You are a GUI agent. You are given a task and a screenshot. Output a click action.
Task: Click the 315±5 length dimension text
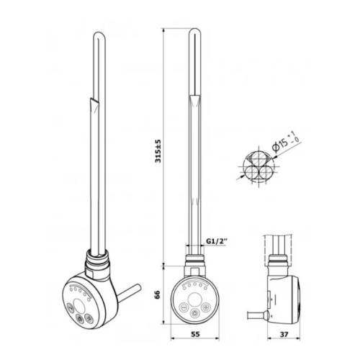coord(158,151)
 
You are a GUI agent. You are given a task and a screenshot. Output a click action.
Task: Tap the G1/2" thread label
coord(217,241)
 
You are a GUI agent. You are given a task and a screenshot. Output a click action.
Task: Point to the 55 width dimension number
coord(195,334)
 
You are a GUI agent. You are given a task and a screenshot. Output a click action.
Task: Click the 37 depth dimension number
coord(284,334)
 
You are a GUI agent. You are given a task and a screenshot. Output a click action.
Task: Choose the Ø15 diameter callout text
coord(287,143)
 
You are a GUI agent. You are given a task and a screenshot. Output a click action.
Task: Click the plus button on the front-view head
coord(205,307)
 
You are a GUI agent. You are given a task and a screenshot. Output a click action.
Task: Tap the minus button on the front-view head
coord(184,307)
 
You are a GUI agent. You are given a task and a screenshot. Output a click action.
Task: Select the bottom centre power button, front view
coord(194,313)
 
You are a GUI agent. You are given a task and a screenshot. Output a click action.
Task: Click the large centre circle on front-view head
coord(194,300)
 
